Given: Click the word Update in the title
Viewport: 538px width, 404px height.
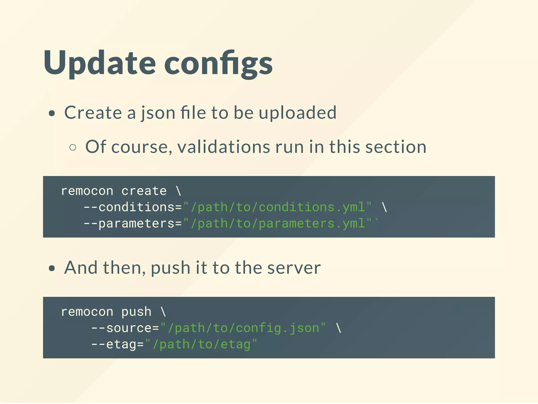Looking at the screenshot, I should click(100, 63).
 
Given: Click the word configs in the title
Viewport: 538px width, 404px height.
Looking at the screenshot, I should click(218, 64).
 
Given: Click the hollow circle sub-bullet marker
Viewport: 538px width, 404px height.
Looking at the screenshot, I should click(73, 147).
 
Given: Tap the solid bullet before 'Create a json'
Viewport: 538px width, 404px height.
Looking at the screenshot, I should click(52, 113).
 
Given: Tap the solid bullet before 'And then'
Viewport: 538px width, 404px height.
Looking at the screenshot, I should click(52, 268).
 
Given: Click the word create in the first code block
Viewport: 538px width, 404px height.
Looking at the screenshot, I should click(144, 191).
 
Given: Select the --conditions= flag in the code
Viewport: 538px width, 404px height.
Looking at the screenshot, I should click(133, 207).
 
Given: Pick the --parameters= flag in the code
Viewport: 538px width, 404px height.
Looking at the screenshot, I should click(133, 223).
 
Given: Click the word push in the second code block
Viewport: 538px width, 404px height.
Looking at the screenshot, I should click(136, 312).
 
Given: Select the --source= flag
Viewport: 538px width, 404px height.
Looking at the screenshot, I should click(125, 328).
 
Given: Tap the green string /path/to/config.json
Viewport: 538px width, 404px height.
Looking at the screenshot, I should click(243, 328).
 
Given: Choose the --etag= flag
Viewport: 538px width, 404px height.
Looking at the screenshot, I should click(117, 344).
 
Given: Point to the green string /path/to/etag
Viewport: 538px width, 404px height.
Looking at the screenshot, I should click(201, 344).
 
